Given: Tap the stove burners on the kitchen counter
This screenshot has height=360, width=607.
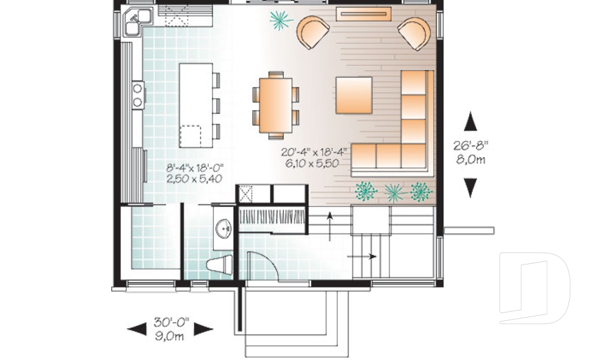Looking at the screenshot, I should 137,94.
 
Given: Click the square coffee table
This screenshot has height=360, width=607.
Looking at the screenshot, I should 353,95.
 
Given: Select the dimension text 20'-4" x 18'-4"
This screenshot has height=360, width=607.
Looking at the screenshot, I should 314,152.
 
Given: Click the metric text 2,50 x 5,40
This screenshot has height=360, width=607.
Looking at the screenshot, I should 195,179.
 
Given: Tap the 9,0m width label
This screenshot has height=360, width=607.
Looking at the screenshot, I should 170,337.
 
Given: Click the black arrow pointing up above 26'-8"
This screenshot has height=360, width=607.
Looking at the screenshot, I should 470,121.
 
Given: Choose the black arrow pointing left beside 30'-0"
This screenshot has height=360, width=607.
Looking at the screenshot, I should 137,328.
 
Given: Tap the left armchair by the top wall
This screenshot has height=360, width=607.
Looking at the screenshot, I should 314,32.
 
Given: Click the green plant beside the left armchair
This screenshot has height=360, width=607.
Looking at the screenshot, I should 280,20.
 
